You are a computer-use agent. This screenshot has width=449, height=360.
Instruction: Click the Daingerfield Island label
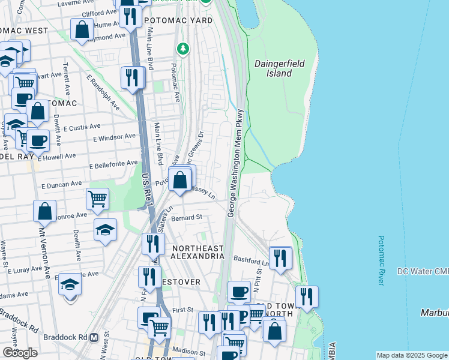point(273,68)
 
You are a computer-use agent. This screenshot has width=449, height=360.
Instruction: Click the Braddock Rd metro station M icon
point(94,337)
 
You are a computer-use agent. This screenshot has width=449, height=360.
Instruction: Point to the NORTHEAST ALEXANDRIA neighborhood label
point(197,252)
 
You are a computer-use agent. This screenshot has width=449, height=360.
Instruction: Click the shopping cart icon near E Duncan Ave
point(97,198)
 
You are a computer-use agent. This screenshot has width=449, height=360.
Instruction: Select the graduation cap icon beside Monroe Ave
point(105,229)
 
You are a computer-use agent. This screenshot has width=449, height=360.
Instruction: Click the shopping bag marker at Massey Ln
point(180,179)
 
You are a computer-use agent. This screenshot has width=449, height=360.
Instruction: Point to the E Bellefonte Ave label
point(114,164)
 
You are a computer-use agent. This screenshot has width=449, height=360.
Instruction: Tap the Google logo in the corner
point(20,353)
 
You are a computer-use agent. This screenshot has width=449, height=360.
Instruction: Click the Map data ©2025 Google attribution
point(411,355)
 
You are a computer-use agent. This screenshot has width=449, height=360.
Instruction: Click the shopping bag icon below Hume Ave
point(82,29)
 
